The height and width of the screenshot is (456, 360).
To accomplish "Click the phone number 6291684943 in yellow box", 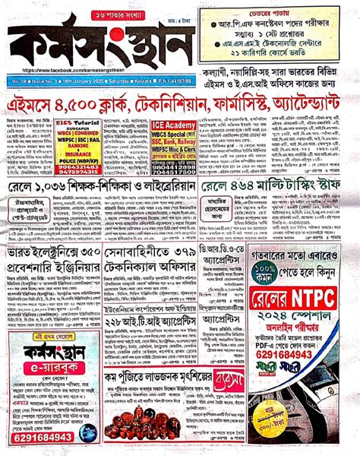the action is pyautogui.click(x=39, y=438).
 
